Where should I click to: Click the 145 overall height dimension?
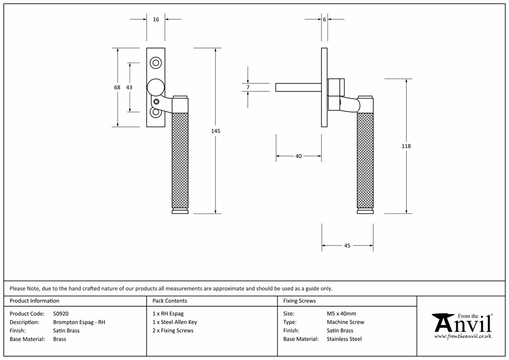pos(215,131)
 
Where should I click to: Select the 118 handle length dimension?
pos(406,146)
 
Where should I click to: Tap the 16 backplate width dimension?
pos(156,19)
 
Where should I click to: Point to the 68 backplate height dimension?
pos(117,87)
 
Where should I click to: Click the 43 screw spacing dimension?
pos(129,87)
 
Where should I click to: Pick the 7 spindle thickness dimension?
pos(248,87)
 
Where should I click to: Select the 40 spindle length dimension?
pos(299,156)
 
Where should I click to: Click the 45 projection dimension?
pos(347,246)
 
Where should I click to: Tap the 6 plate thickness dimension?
pos(324,19)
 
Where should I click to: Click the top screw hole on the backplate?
pos(156,63)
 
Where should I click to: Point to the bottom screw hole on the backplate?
pos(156,112)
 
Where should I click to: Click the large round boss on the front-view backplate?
pos(156,87)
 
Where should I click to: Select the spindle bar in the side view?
pos(299,87)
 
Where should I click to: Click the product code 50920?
pos(61,313)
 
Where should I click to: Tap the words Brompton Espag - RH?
pos(79,322)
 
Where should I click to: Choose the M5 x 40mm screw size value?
pos(342,313)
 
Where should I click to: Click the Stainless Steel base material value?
pos(344,339)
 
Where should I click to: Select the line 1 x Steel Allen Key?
pos(175,322)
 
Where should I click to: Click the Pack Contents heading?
pos(170,301)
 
